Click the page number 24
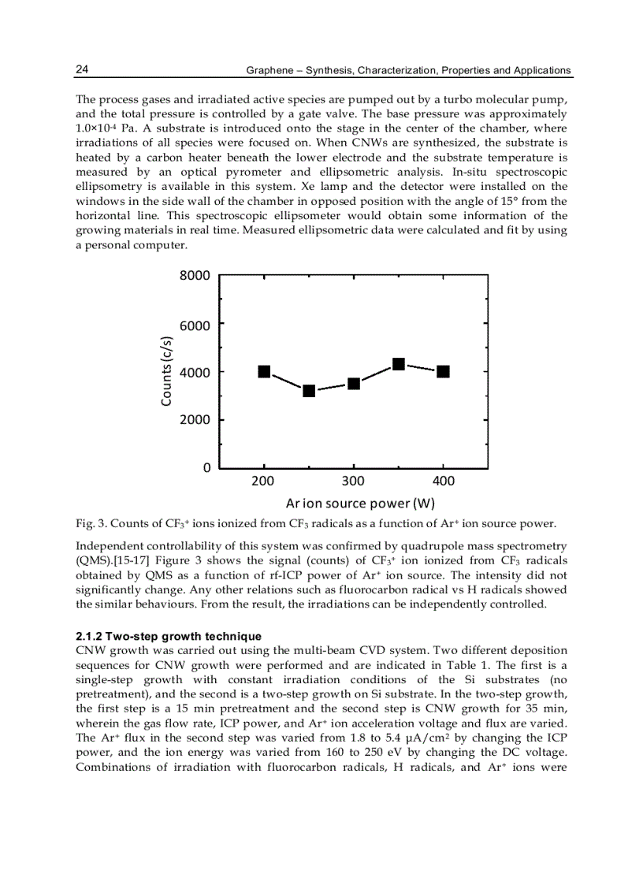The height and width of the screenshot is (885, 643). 82,70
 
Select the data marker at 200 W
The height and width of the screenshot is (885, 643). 265,371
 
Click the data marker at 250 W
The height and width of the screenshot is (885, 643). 309,391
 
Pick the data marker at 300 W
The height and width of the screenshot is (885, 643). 354,383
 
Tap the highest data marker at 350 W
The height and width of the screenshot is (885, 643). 399,364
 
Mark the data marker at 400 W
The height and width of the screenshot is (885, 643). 444,371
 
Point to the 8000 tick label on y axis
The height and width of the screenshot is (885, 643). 195,276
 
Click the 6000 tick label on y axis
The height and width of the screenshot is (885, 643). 195,324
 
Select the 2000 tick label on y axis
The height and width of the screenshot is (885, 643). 195,420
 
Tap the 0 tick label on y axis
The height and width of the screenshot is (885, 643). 206,468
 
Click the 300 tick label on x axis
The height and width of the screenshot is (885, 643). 354,482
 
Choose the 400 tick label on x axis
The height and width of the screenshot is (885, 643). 444,482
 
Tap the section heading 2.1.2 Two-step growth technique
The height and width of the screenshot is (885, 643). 169,636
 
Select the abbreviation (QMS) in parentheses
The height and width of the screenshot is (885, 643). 93,560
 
